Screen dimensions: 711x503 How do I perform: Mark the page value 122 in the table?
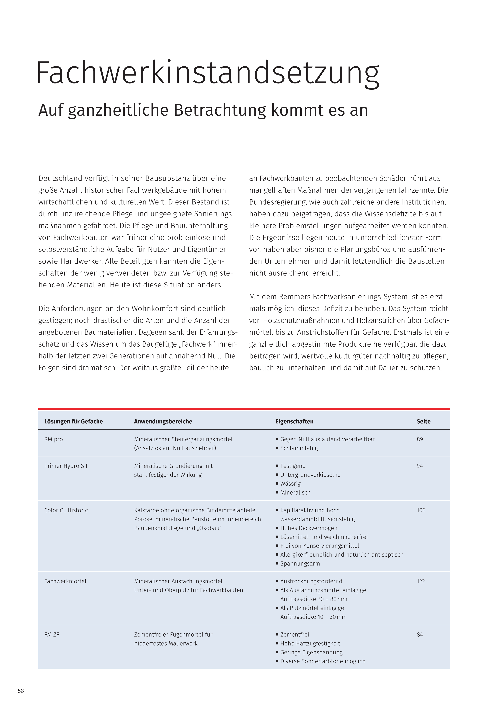tap(421, 581)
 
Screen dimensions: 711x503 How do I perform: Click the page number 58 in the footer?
tap(21, 691)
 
